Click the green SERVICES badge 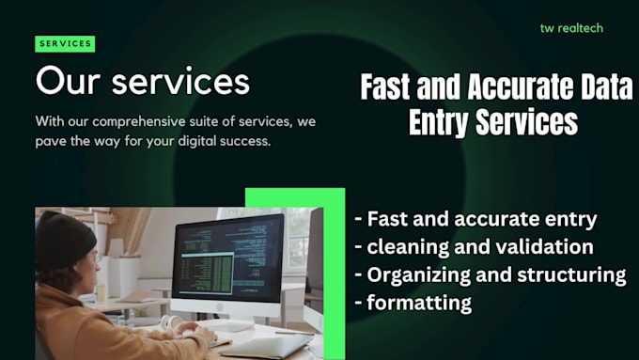tap(65, 43)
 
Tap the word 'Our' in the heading tap(69, 81)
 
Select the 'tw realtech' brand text tap(571, 28)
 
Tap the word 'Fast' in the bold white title tap(389, 87)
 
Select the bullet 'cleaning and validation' tap(474, 247)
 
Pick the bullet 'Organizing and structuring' tap(490, 274)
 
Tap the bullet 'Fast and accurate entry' tap(475, 220)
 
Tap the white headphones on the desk tap(171, 323)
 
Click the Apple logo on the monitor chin tap(226, 309)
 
